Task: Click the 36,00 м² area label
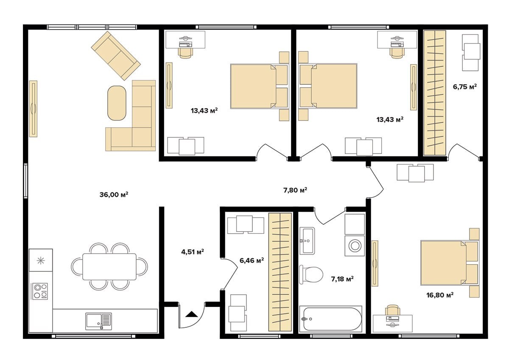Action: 114,195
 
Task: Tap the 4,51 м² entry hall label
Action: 193,251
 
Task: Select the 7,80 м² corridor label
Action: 295,190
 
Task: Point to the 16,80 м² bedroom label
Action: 440,295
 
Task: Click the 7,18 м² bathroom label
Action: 342,279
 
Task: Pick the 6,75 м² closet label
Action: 465,87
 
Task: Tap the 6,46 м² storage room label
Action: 252,260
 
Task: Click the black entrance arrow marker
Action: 192,314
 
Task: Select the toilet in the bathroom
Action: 311,274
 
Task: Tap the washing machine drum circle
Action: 355,246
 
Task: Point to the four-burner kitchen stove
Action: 40,291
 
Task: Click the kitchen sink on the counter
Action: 98,321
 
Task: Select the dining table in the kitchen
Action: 109,267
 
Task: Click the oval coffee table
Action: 117,103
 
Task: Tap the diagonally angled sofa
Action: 116,56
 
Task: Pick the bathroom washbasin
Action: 307,241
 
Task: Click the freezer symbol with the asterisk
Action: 41,260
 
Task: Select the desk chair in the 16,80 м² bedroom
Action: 392,310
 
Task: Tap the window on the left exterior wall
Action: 26,181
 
